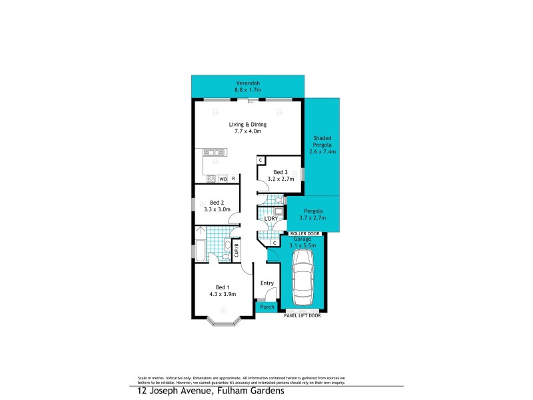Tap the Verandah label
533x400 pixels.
[x=247, y=83]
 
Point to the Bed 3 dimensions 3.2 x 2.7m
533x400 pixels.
[x=280, y=179]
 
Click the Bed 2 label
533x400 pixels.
[x=217, y=202]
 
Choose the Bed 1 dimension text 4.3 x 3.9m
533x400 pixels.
[x=223, y=293]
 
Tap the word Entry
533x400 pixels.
[x=267, y=283]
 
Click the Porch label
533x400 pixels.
[x=267, y=307]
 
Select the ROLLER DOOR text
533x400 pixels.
[x=304, y=234]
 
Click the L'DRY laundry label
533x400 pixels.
[x=270, y=219]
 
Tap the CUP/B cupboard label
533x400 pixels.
[x=237, y=250]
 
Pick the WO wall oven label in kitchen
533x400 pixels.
[x=223, y=179]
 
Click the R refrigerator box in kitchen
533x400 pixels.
[x=233, y=179]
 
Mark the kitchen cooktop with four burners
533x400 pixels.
[x=211, y=179]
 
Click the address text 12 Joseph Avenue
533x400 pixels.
[x=171, y=391]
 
